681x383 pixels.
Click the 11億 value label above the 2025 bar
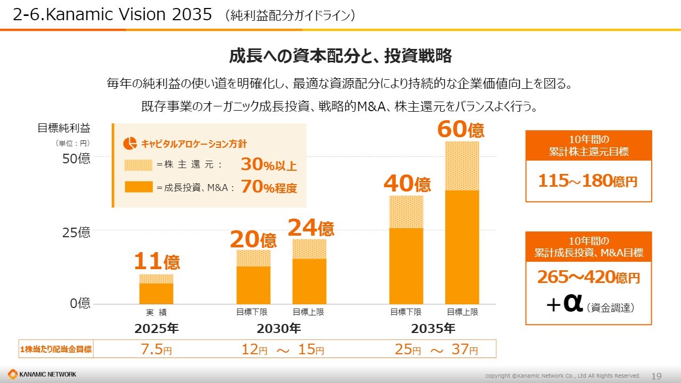[156, 262]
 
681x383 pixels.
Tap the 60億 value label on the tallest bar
[461, 129]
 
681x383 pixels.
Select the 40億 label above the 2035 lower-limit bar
[407, 184]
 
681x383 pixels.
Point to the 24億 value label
[311, 228]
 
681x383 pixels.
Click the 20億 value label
[253, 240]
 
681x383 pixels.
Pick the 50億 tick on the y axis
[78, 159]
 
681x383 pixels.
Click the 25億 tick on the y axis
[78, 232]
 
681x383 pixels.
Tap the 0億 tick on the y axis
[80, 304]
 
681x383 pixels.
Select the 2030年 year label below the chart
[279, 328]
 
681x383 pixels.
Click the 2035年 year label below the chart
[434, 328]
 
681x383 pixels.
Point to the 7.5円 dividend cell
[156, 349]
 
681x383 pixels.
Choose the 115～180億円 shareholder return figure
[588, 181]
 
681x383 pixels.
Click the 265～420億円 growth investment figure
[588, 278]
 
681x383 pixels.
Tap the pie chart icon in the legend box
[130, 144]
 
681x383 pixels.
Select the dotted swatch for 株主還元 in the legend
[138, 165]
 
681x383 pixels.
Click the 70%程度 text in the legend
[269, 187]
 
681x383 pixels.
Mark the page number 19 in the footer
[657, 376]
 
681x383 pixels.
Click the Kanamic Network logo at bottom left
[43, 374]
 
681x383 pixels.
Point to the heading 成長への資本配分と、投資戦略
[340, 56]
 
